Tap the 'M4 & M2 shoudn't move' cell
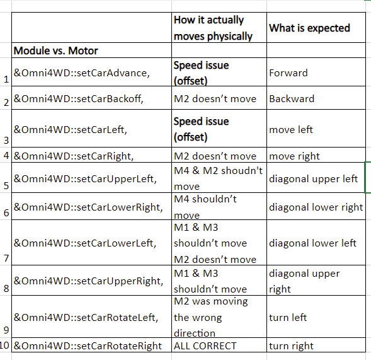(x=218, y=178)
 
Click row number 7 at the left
(x=6, y=258)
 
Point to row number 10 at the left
(x=4, y=345)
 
